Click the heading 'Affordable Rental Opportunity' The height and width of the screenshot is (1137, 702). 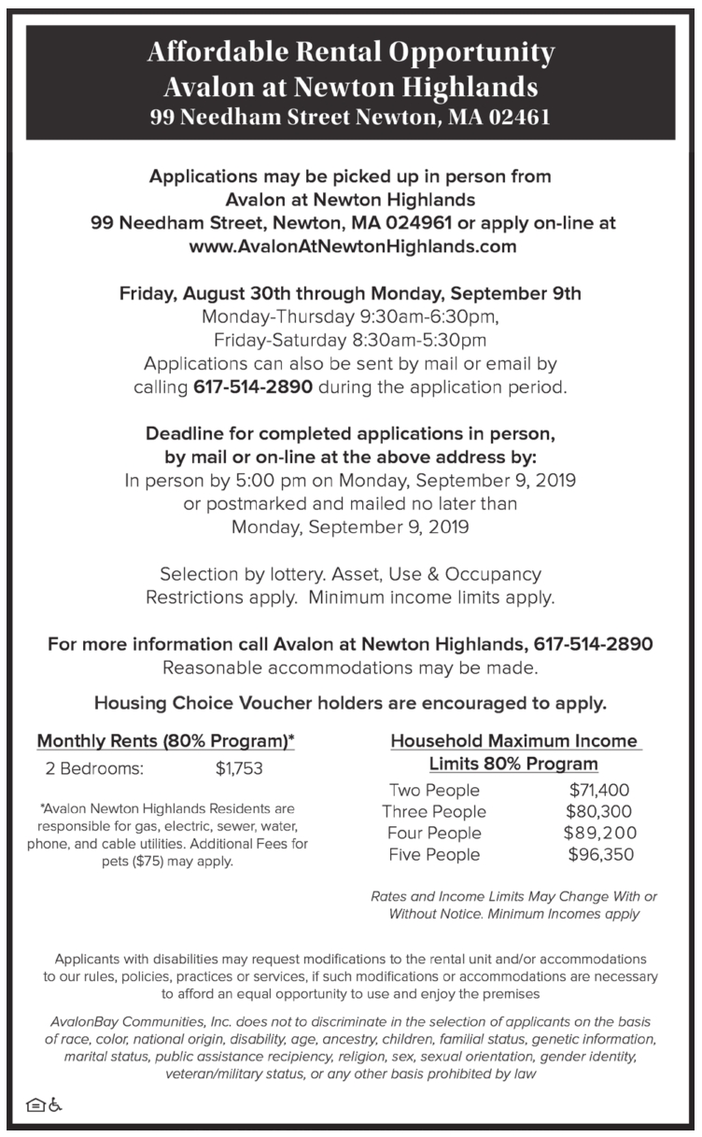click(x=350, y=52)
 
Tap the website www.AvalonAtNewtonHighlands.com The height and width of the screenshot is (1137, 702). click(x=352, y=247)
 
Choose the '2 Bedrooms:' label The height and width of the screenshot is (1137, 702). click(x=93, y=769)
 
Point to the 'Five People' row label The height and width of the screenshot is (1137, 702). click(x=435, y=854)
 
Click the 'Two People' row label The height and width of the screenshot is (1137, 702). click(x=434, y=790)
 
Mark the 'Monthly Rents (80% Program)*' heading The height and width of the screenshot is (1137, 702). click(x=165, y=742)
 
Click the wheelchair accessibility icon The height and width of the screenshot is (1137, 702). click(x=56, y=1104)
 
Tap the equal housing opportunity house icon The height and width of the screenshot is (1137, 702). click(x=34, y=1104)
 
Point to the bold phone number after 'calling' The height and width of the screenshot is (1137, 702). click(x=253, y=386)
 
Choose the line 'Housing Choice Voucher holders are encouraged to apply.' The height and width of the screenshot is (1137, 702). click(x=350, y=702)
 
